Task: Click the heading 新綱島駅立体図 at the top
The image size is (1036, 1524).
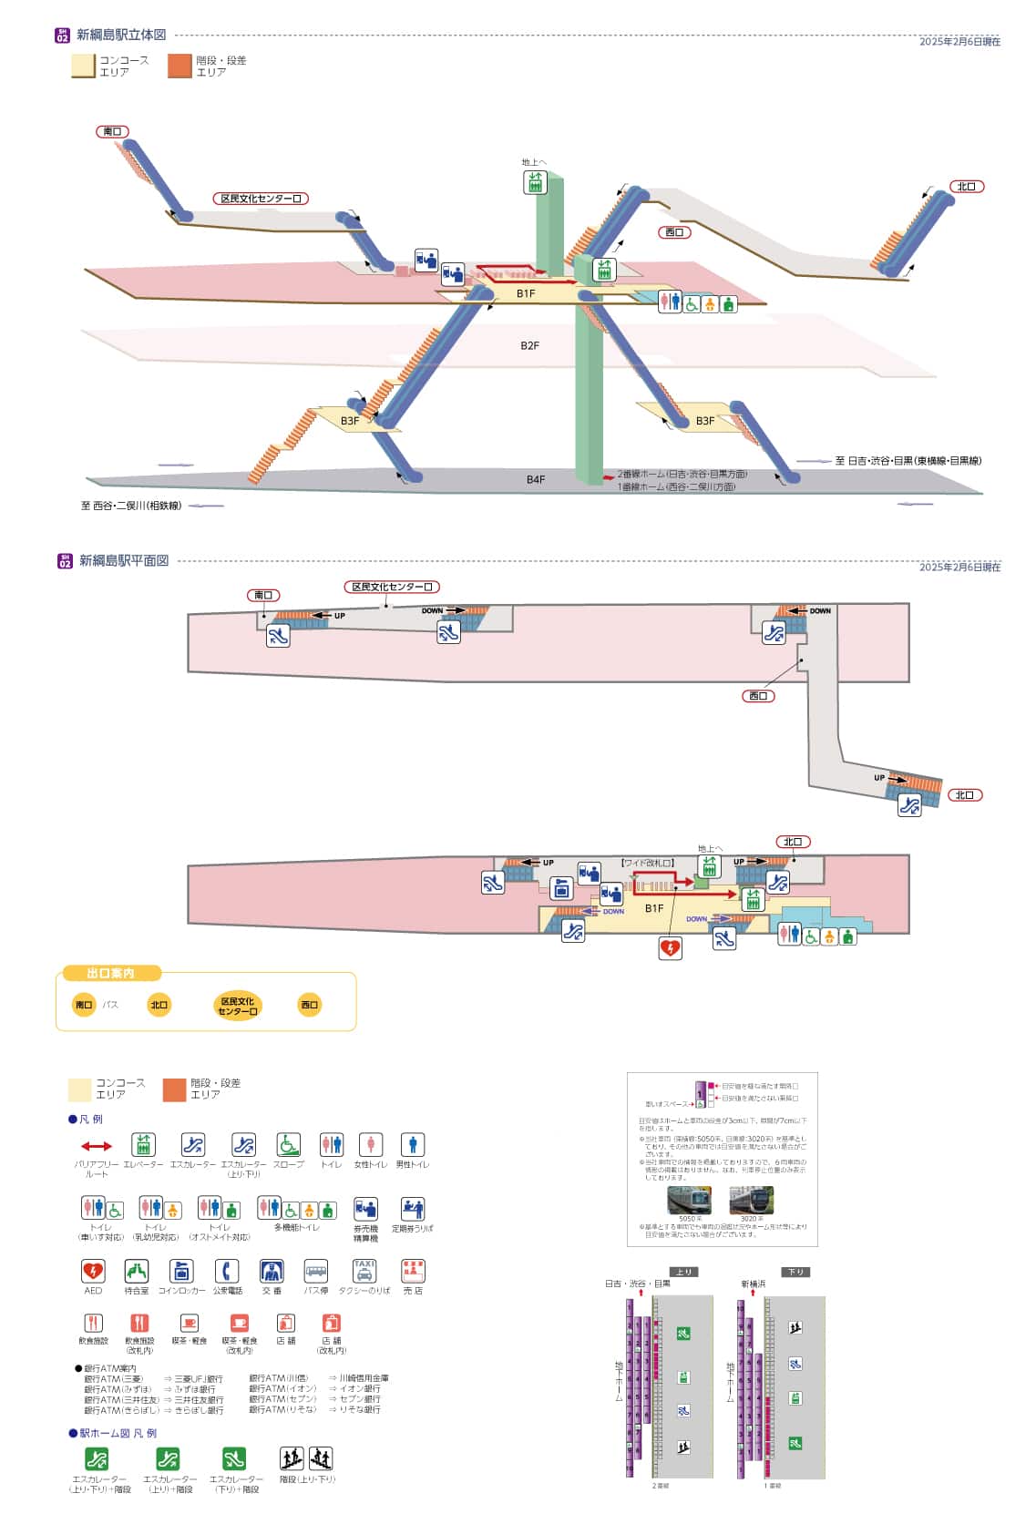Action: (121, 36)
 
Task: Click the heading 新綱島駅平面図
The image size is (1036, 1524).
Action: (123, 561)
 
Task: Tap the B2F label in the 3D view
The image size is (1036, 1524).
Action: (529, 346)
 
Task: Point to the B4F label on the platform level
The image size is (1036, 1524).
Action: (536, 479)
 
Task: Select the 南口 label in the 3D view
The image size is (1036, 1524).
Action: (112, 132)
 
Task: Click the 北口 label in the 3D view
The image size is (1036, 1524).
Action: (966, 187)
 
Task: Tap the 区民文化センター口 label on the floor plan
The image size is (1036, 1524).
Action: (392, 588)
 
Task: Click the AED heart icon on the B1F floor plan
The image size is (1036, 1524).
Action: (670, 948)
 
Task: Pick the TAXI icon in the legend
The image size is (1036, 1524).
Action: (364, 1271)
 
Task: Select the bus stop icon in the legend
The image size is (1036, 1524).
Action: (315, 1271)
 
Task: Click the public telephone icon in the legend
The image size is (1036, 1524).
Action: (227, 1271)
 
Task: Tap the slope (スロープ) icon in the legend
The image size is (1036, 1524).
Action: (289, 1145)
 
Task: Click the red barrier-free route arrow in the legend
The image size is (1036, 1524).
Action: (97, 1146)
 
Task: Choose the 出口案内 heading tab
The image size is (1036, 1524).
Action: (111, 973)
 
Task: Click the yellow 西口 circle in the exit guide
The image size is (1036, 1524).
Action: (309, 1005)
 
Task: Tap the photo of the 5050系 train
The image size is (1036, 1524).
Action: (690, 1200)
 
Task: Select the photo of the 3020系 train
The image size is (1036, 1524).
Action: (752, 1200)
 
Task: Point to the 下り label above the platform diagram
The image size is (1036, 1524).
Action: (795, 1272)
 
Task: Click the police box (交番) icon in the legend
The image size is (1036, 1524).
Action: (272, 1271)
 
